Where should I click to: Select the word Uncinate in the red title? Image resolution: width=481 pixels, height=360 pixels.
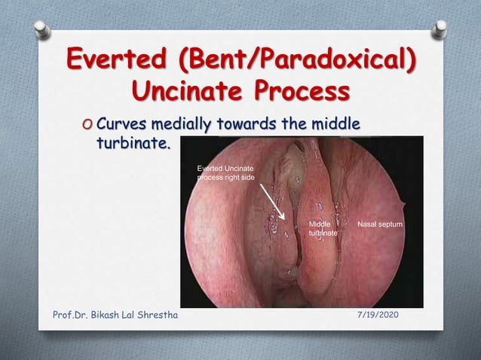193,94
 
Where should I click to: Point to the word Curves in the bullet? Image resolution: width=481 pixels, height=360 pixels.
121,124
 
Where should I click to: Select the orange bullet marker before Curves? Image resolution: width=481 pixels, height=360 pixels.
89,125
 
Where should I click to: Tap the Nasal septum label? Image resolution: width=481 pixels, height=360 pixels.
381,225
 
